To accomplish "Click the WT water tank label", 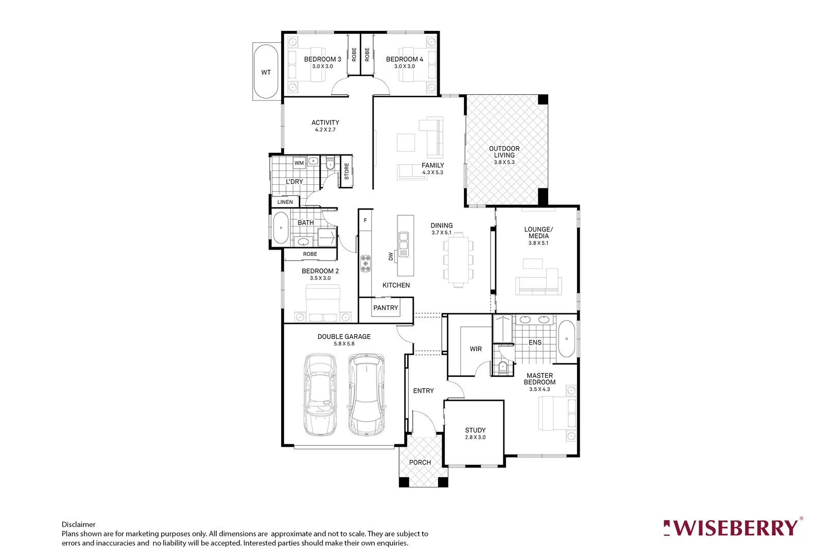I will [x=266, y=73].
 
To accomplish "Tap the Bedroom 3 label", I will [x=322, y=59].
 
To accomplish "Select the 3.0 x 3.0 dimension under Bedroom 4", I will [x=404, y=66].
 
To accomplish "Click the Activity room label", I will [x=325, y=123].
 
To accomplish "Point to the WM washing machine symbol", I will [x=299, y=163].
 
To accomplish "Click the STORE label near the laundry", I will [x=346, y=171].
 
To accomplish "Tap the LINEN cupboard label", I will [x=285, y=202].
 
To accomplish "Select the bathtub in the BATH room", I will [x=281, y=228].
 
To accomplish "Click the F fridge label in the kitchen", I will [x=366, y=220].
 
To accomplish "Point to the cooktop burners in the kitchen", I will [x=366, y=263].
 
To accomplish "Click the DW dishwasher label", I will [x=391, y=256].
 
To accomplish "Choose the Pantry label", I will [x=386, y=308].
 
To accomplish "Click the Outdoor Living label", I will [x=504, y=152].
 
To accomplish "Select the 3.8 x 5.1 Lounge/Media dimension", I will [x=538, y=243].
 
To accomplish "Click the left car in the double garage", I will [x=320, y=395].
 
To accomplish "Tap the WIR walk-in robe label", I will [x=476, y=349].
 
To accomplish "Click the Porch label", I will [x=420, y=462].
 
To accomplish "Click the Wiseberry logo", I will [x=733, y=528].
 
